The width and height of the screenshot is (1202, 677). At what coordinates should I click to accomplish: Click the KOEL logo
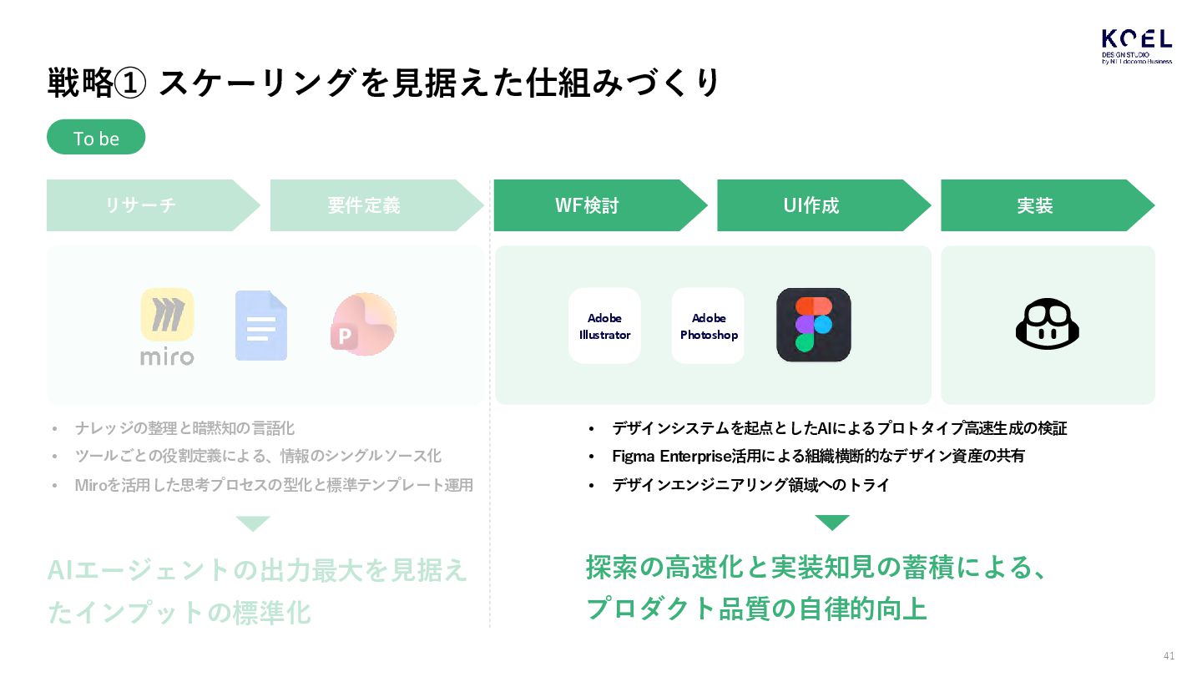[1136, 46]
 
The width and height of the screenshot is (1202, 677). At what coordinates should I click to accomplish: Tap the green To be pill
[96, 138]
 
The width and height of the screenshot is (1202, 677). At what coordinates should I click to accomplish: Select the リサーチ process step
[142, 205]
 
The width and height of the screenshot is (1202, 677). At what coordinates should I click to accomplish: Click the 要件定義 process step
[365, 205]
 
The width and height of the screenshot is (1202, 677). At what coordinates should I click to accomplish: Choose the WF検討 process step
[588, 205]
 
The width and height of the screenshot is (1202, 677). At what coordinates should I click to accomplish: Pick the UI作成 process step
[811, 205]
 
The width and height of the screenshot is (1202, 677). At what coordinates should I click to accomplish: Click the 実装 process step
[1035, 205]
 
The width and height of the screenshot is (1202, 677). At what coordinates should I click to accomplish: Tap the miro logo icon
[167, 326]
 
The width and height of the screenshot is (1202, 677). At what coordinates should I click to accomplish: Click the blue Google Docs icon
[260, 326]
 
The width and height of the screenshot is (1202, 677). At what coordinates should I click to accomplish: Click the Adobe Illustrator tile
[604, 326]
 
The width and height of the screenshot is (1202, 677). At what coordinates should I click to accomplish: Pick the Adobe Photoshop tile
[708, 326]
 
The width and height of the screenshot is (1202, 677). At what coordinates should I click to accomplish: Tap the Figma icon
[813, 325]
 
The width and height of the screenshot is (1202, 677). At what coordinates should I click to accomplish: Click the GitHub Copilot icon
[1048, 324]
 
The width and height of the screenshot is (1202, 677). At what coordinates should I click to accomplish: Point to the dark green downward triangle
[831, 523]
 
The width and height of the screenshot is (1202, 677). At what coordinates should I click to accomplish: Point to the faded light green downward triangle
[253, 523]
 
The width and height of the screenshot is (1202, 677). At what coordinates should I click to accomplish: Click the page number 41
[1169, 655]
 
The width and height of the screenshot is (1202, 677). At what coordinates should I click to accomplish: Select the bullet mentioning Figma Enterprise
[818, 456]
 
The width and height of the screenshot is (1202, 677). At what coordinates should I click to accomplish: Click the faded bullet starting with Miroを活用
[274, 485]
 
